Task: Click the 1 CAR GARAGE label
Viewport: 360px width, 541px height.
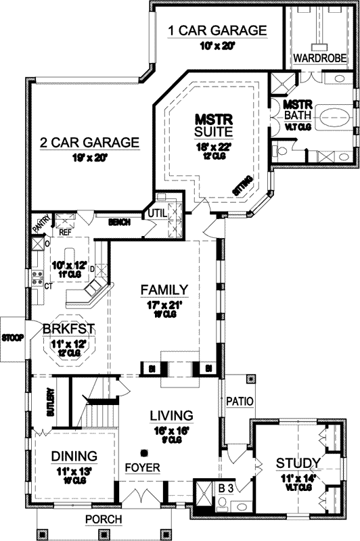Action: [x=217, y=30]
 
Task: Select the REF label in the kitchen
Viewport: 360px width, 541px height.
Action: [x=65, y=231]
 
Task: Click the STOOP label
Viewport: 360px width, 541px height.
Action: [x=12, y=337]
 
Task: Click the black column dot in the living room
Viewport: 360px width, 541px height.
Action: [x=144, y=452]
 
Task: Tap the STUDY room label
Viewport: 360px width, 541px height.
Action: [x=298, y=463]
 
